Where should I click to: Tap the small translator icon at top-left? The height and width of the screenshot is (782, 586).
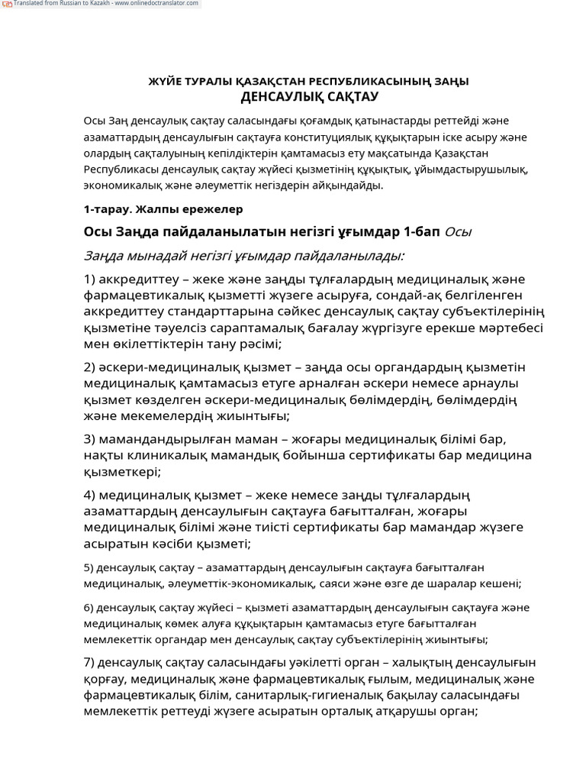pyautogui.click(x=6, y=4)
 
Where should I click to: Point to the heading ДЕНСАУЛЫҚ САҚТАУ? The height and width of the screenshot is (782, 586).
pyautogui.click(x=309, y=97)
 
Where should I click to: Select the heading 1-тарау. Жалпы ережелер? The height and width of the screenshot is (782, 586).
pyautogui.click(x=163, y=208)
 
